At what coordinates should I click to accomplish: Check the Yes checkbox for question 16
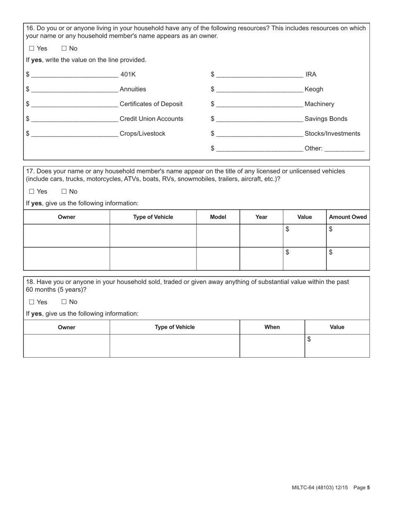[x=32, y=48]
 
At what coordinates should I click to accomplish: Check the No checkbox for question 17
[x=64, y=191]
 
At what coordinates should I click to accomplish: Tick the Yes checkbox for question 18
[x=32, y=302]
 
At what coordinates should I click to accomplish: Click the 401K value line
[x=74, y=75]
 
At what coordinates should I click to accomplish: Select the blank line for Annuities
[x=74, y=90]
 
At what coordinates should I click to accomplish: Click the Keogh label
[x=314, y=89]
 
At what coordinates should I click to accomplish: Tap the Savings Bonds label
[x=326, y=119]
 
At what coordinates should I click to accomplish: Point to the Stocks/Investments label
[x=332, y=134]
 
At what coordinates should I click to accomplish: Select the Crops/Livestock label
[x=142, y=134]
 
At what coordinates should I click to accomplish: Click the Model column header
[x=218, y=217]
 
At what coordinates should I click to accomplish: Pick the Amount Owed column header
[x=347, y=217]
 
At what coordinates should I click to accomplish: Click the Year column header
[x=261, y=217]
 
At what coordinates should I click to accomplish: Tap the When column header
[x=272, y=327]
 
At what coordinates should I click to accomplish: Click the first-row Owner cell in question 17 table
[x=67, y=235]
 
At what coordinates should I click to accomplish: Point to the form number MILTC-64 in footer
[x=304, y=488]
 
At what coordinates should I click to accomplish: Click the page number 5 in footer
[x=368, y=488]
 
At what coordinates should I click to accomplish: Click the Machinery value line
[x=259, y=105]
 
